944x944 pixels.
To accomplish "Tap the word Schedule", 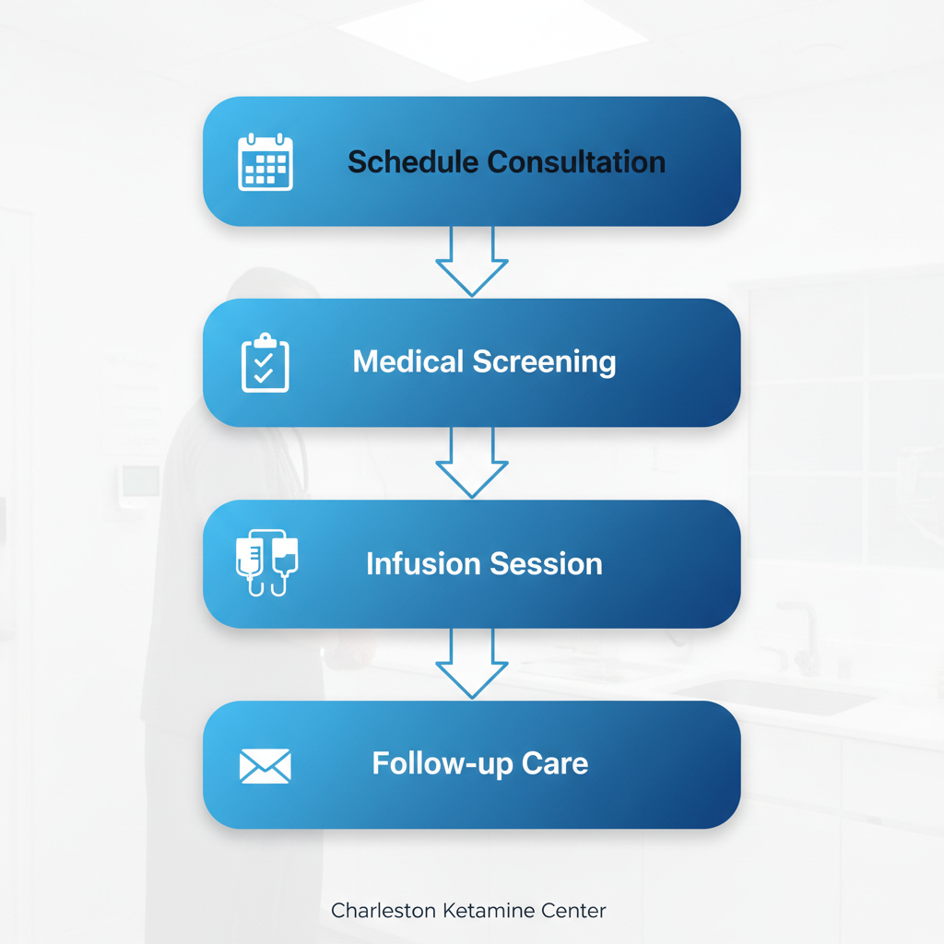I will click(413, 162).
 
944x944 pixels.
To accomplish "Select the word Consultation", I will click(576, 162).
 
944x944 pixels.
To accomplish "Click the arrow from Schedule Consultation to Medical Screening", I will click(471, 262).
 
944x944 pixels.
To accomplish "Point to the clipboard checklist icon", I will click(265, 362).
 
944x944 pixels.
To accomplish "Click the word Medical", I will click(408, 361).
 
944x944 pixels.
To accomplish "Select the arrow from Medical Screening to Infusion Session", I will click(471, 463).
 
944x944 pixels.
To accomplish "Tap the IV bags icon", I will click(266, 562).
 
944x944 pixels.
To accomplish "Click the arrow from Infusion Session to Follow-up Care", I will click(471, 664).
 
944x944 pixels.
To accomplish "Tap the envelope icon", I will click(265, 765).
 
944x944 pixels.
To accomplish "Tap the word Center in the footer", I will click(574, 911).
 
